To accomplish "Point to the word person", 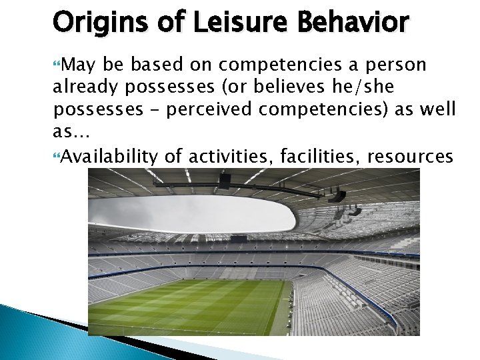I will [x=397, y=65].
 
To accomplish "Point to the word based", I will [x=161, y=65].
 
